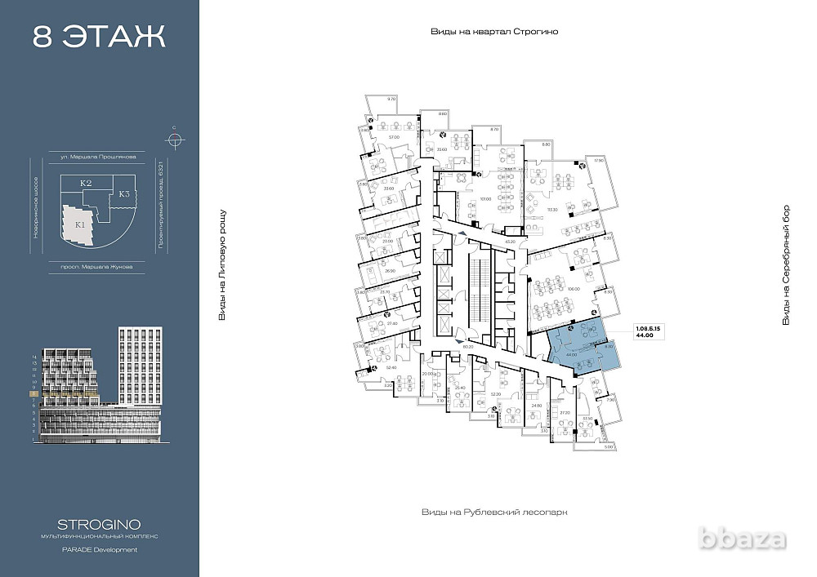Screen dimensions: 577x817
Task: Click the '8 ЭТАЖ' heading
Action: (99, 37)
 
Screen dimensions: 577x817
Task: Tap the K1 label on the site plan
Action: (80, 224)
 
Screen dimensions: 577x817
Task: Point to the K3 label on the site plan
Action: (124, 193)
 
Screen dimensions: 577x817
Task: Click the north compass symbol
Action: (173, 137)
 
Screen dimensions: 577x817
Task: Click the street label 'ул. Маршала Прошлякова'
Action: (98, 156)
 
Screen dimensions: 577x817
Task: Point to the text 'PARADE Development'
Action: (99, 549)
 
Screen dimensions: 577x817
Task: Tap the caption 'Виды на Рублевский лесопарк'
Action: (493, 512)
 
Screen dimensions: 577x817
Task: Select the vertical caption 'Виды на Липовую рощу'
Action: (221, 264)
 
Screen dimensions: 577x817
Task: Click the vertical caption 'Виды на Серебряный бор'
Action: (786, 264)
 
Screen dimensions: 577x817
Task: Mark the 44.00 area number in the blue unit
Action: (571, 355)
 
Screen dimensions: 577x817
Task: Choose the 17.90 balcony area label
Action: (597, 160)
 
